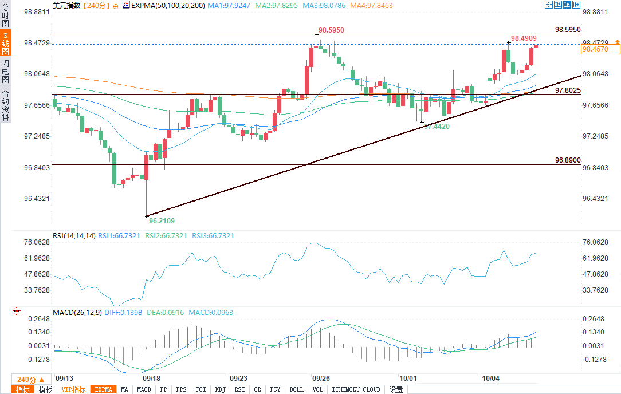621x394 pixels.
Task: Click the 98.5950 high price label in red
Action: click(x=332, y=29)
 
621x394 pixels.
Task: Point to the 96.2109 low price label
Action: click(x=162, y=220)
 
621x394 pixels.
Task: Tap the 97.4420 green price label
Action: click(x=437, y=126)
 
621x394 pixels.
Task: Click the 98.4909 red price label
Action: click(x=524, y=38)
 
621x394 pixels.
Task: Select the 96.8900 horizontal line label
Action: click(x=568, y=160)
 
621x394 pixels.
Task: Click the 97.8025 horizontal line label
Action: click(x=568, y=90)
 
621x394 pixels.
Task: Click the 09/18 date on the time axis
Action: click(x=151, y=379)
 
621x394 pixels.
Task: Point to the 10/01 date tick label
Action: click(x=407, y=379)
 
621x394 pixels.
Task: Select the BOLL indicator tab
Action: click(x=296, y=389)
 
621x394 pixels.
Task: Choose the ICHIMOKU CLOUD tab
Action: click(x=355, y=389)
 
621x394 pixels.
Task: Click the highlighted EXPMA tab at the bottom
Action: click(x=104, y=389)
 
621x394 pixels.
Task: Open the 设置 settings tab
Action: click(x=396, y=389)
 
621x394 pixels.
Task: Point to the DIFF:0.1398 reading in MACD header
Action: click(x=124, y=313)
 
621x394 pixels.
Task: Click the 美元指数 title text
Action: click(x=66, y=5)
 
